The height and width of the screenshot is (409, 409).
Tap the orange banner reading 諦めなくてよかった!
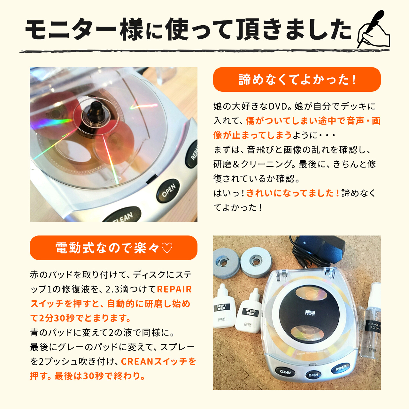point(297,80)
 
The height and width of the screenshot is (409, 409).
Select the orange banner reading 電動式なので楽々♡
point(113,248)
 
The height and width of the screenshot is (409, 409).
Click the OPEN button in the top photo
point(168,191)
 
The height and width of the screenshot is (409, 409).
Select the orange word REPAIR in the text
point(174,289)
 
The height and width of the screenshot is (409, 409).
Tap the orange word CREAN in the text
point(137,361)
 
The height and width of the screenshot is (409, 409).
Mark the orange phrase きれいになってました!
point(293,193)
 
